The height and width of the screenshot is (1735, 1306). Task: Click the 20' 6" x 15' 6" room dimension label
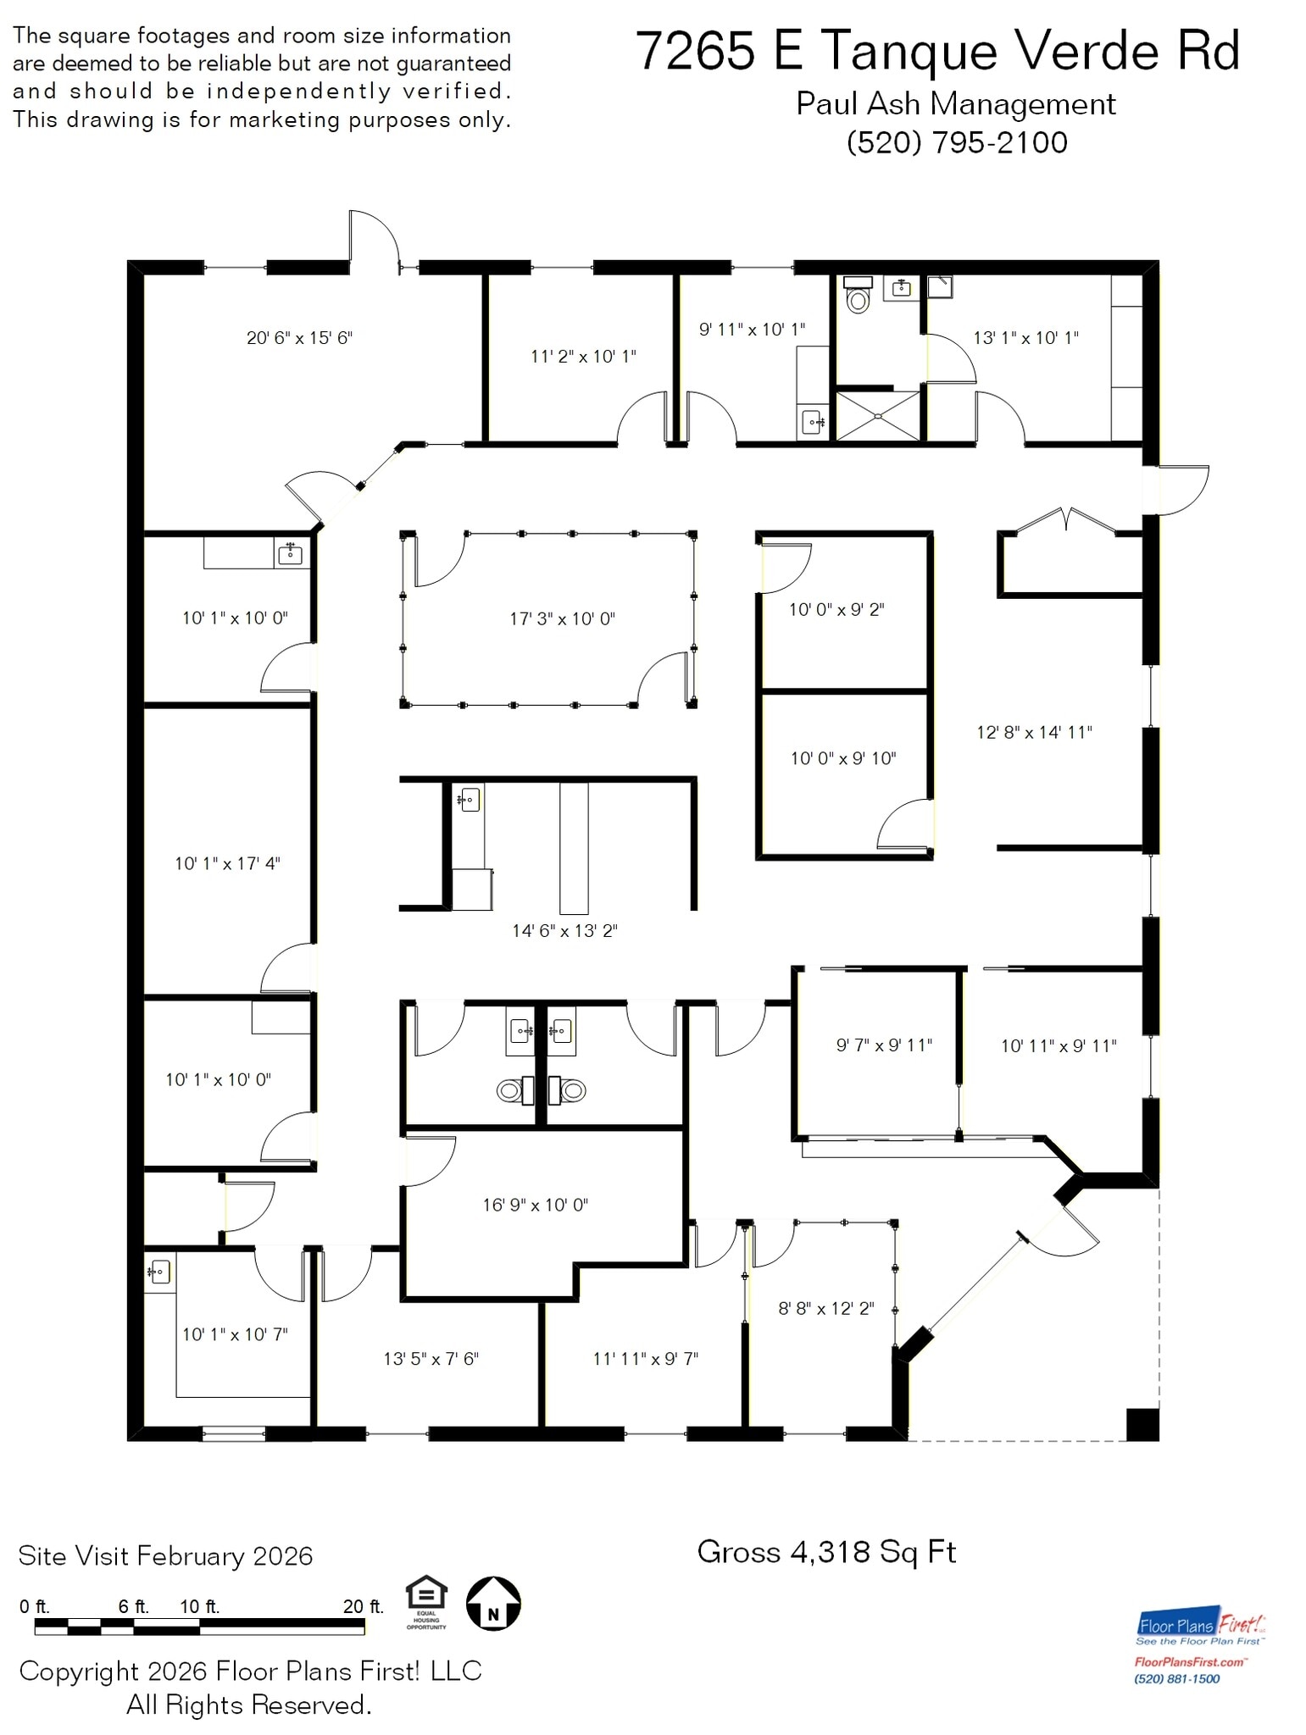click(x=299, y=338)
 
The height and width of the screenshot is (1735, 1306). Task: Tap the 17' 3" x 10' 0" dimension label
click(x=562, y=619)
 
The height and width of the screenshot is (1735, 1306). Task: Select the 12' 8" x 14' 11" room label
click(x=1034, y=732)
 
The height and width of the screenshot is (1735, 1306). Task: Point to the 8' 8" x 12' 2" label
click(x=825, y=1309)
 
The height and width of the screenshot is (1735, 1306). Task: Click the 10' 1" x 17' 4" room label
click(x=227, y=864)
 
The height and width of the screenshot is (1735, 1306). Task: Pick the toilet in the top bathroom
click(x=858, y=297)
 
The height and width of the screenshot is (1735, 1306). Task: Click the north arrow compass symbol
click(x=493, y=1604)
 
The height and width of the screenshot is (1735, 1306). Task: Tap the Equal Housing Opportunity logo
click(x=425, y=1600)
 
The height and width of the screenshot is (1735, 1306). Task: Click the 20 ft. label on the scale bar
click(x=363, y=1606)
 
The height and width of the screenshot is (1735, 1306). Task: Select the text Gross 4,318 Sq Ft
click(x=826, y=1552)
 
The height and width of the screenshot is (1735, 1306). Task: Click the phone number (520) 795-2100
click(x=957, y=142)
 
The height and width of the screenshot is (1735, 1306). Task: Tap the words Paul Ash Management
click(x=955, y=104)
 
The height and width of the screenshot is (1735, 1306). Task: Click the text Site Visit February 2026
click(x=165, y=1556)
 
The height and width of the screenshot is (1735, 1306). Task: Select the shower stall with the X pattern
click(x=877, y=416)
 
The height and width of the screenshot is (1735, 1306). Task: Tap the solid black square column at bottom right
click(x=1142, y=1424)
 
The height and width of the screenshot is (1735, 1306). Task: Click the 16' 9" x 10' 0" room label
click(x=535, y=1205)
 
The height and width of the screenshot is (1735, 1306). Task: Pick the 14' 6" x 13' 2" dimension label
click(x=564, y=931)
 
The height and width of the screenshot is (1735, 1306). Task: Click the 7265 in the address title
click(x=695, y=51)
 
